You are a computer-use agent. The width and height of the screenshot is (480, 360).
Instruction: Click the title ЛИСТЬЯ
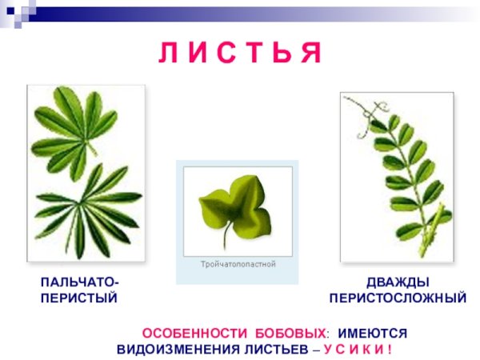click(x=240, y=53)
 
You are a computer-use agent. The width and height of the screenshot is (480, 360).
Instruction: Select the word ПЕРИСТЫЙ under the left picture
click(x=78, y=298)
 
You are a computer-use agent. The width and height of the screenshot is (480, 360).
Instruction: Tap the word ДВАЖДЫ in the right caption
click(x=398, y=282)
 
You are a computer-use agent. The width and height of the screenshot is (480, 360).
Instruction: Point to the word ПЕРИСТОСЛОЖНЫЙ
click(x=398, y=298)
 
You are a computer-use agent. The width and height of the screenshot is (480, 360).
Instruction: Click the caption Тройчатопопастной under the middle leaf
click(x=238, y=264)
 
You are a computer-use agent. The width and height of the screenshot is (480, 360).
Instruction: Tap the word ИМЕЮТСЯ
click(x=372, y=333)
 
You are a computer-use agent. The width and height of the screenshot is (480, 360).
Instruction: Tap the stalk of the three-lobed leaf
click(x=227, y=236)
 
